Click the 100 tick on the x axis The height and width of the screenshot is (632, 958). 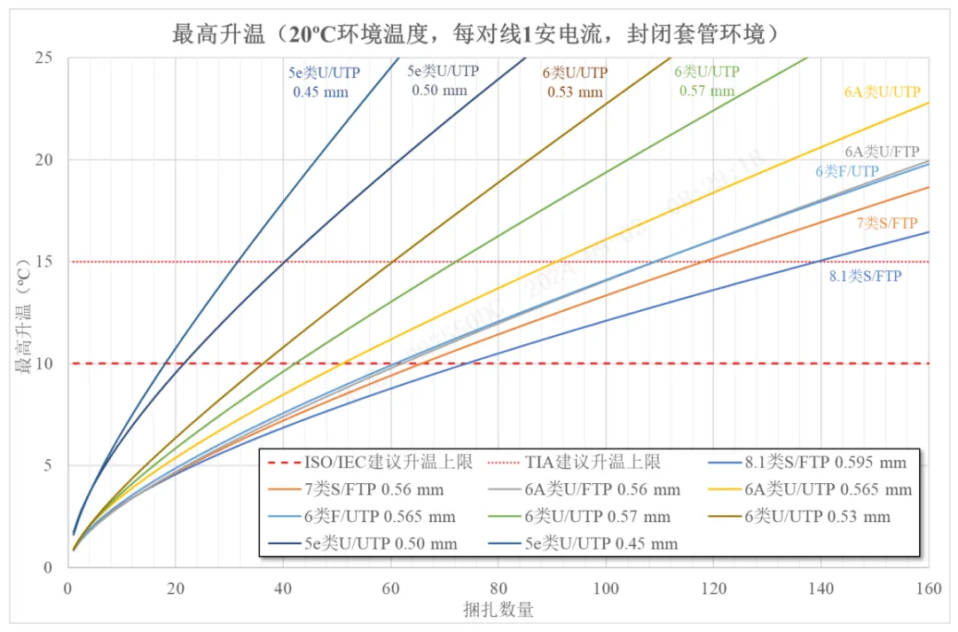(606, 587)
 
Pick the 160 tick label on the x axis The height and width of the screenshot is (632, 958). (928, 587)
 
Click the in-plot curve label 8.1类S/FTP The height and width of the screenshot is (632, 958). (865, 277)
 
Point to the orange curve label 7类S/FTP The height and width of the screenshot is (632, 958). (887, 223)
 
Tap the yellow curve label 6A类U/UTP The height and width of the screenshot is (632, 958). (882, 91)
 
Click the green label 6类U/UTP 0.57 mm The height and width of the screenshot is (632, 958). (707, 81)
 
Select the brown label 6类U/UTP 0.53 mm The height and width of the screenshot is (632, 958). (575, 82)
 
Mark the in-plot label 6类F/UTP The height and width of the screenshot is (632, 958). (847, 171)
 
